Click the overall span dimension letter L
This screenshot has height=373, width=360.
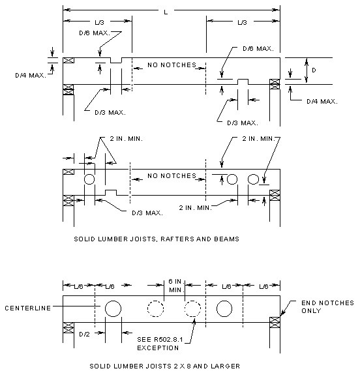[x=166, y=12]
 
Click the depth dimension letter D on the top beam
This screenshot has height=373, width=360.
[x=314, y=70]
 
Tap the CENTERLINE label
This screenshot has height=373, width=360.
[x=28, y=308]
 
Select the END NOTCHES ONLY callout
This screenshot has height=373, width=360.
[x=327, y=307]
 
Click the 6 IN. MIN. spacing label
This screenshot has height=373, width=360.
[x=175, y=286]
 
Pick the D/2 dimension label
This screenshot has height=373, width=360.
[x=84, y=335]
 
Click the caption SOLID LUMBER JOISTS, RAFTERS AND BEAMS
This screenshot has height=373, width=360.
[x=157, y=239]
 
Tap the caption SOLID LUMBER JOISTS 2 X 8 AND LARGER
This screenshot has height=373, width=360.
[x=164, y=366]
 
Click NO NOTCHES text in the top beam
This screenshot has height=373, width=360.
[x=172, y=65]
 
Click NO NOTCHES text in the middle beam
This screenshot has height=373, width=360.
[x=172, y=176]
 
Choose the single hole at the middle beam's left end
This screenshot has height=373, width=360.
[x=89, y=179]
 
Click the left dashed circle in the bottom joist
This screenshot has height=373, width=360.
[x=156, y=308]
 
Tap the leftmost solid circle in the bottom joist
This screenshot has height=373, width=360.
[x=113, y=308]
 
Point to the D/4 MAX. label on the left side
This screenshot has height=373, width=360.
[x=31, y=76]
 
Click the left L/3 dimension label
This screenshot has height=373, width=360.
[x=100, y=22]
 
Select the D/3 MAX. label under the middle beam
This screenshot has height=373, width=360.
[x=147, y=213]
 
